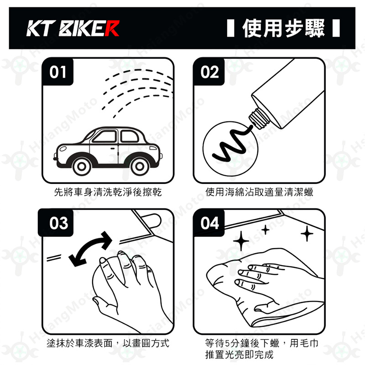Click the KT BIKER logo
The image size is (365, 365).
coord(73,28)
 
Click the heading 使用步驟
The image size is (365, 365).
coord(283,28)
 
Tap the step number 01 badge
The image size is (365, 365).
coord(57,72)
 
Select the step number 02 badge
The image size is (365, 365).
coord(209,72)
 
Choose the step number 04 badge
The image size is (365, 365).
coord(209,223)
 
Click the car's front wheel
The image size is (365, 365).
coord(82,166)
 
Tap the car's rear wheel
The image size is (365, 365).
coord(140,166)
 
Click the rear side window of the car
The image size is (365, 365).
coord(130,136)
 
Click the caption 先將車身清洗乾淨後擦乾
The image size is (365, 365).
coord(108,192)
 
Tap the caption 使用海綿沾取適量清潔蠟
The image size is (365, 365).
coord(259,192)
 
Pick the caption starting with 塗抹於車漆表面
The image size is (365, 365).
coord(108,344)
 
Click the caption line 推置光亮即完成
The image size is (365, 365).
coord(239,355)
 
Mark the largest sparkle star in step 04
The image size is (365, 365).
coord(241,241)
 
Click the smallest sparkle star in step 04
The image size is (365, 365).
coord(266,230)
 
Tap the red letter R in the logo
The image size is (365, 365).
coord(112,28)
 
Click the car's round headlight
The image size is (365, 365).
coord(63,148)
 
